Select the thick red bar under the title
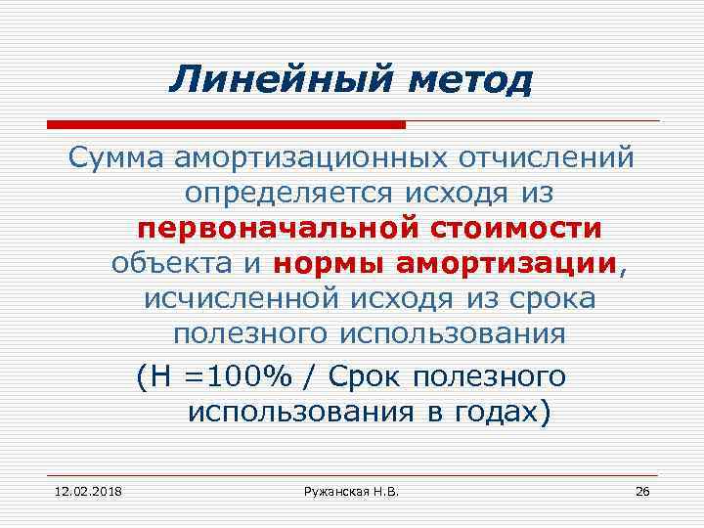[x=226, y=124]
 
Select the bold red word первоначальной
[x=277, y=229]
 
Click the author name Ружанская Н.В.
[x=349, y=489]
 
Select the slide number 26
[x=642, y=489]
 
